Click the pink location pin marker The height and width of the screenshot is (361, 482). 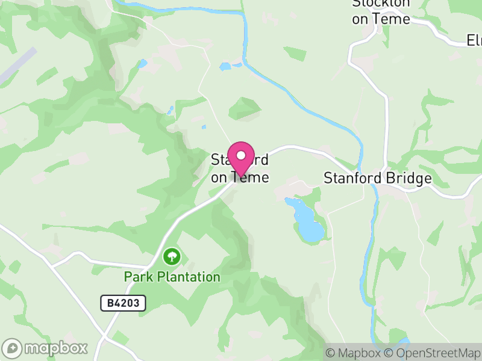click(241, 158)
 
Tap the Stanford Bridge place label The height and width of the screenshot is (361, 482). click(378, 178)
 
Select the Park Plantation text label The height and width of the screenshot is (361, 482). click(172, 277)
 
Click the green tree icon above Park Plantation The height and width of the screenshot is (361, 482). click(172, 257)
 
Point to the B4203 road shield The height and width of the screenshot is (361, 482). click(123, 303)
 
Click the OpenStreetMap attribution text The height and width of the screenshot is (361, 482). click(432, 353)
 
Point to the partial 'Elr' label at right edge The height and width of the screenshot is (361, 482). click(474, 40)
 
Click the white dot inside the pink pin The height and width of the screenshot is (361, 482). click(241, 156)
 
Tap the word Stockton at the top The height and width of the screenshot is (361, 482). click(381, 3)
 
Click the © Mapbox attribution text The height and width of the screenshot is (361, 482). click(353, 353)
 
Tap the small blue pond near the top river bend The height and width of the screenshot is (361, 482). click(225, 66)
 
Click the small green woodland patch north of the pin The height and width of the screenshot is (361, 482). click(245, 108)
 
